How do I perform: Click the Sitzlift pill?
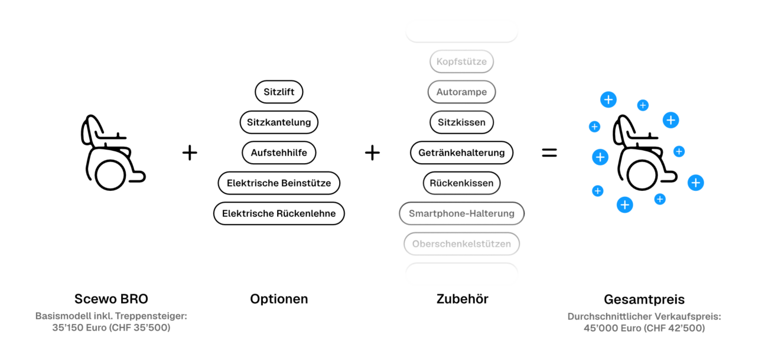[279, 92]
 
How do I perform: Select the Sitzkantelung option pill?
[279, 122]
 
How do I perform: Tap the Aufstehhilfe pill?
[279, 153]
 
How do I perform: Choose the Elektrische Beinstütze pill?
[279, 183]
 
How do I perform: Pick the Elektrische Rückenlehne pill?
[279, 213]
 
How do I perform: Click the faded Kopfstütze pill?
[461, 61]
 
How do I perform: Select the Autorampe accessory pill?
[461, 92]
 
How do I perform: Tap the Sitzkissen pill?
[461, 122]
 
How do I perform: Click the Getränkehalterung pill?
[461, 153]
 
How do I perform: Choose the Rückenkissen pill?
[461, 183]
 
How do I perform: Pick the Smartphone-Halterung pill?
[461, 213]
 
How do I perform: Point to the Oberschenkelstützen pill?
[461, 244]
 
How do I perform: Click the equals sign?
[549, 153]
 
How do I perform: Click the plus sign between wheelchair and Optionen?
[190, 153]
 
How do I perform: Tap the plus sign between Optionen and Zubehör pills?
[372, 153]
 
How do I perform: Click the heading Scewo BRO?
[111, 299]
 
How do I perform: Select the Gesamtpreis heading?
[644, 299]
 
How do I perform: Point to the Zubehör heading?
[462, 299]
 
